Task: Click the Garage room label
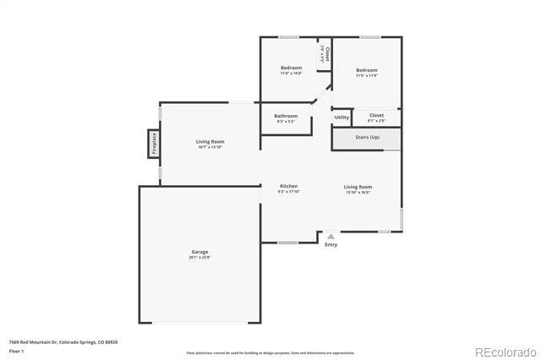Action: [x=199, y=252]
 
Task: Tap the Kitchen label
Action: [x=289, y=186]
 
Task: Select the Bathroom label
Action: [x=286, y=116]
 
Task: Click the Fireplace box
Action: [x=153, y=143]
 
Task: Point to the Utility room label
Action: [x=342, y=117]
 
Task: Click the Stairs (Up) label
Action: [x=367, y=136]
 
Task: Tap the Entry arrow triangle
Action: [x=331, y=237]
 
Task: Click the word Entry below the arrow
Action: [x=331, y=245]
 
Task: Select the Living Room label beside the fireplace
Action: [x=210, y=141]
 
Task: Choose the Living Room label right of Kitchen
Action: [x=358, y=186]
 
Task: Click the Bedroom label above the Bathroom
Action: [x=291, y=68]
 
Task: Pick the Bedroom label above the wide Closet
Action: [x=366, y=70]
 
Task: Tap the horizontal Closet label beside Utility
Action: [x=376, y=114]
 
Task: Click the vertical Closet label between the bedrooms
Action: [x=327, y=56]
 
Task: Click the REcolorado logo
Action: [x=505, y=352]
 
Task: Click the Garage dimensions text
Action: [x=199, y=257]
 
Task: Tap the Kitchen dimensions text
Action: [x=289, y=191]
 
